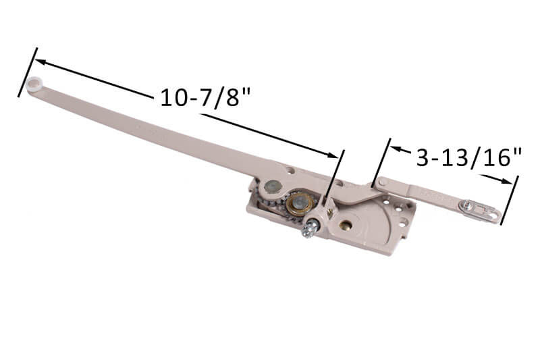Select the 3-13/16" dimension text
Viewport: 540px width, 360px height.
pos(469,157)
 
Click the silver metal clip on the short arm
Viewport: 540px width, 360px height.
pos(480,210)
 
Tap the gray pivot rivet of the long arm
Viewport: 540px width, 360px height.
pos(273,186)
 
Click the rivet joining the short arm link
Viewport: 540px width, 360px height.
pos(382,182)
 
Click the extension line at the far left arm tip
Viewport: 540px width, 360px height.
pos(27,72)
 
